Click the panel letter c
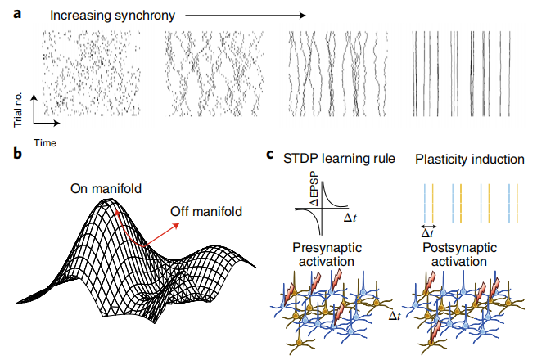[271, 153]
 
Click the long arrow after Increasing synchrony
[245, 14]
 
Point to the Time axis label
[44, 142]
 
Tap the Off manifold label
[206, 212]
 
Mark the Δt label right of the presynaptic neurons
[395, 315]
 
